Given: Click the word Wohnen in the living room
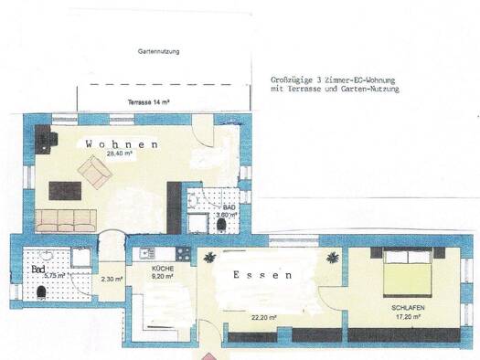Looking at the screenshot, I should point(123,144).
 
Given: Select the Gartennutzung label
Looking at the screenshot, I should point(157,52).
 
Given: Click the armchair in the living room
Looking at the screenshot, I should point(94,169).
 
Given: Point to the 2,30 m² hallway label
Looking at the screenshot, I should point(112,280).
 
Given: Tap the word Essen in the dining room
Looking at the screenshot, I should point(261,274).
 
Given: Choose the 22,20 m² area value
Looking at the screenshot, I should point(264,318).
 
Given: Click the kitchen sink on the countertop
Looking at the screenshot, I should point(145,253).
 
